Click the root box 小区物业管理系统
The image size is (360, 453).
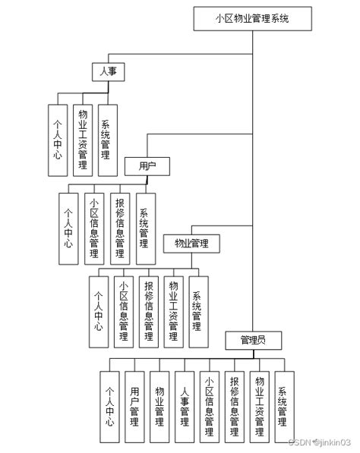253,18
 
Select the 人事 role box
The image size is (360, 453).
109,71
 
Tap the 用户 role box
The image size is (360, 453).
147,165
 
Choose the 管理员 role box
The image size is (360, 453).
253,338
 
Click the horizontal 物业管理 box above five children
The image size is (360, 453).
191,243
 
